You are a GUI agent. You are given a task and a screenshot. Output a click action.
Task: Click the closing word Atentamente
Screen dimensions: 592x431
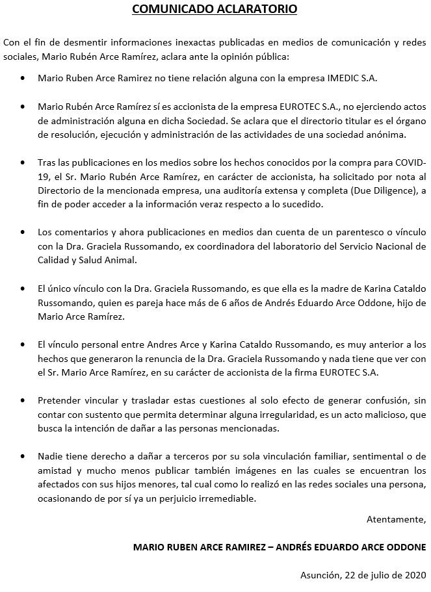pyautogui.click(x=396, y=519)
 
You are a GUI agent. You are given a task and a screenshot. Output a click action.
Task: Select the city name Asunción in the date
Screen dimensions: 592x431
pyautogui.click(x=319, y=575)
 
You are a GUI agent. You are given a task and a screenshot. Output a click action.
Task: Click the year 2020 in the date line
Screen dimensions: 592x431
pyautogui.click(x=414, y=575)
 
